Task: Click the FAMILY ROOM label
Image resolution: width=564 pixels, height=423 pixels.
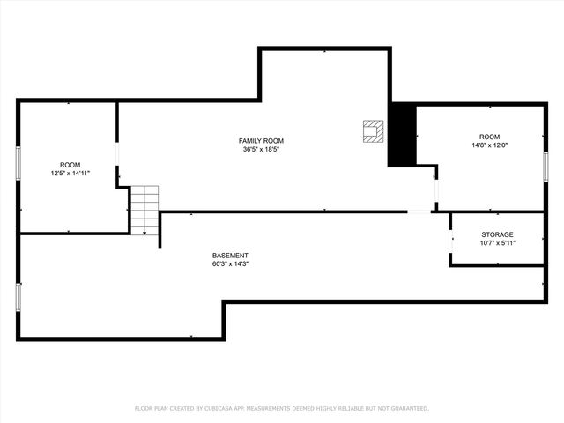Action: click(x=261, y=141)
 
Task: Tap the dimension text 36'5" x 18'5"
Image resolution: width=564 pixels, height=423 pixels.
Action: click(x=261, y=150)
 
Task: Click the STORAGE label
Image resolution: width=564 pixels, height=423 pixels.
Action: click(x=497, y=234)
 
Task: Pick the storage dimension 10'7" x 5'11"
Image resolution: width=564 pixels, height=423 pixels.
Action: click(x=497, y=243)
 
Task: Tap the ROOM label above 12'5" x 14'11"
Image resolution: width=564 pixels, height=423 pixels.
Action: click(x=70, y=165)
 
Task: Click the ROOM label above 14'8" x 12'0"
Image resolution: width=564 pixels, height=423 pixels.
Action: click(x=489, y=137)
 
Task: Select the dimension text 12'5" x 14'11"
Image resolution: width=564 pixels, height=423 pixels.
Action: click(x=70, y=174)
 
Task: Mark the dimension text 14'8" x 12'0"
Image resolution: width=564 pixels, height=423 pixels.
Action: click(x=489, y=145)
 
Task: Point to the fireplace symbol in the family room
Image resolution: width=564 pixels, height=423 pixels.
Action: click(x=374, y=130)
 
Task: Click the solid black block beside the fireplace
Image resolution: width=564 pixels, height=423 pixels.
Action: click(x=402, y=134)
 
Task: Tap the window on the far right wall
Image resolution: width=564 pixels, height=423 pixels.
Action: click(x=545, y=165)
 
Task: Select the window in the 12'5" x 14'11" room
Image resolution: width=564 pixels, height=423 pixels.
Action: click(x=19, y=165)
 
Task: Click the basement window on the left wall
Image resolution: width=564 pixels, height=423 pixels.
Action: click(x=19, y=296)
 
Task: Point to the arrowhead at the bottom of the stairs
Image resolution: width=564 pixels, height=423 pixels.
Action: click(x=145, y=233)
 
